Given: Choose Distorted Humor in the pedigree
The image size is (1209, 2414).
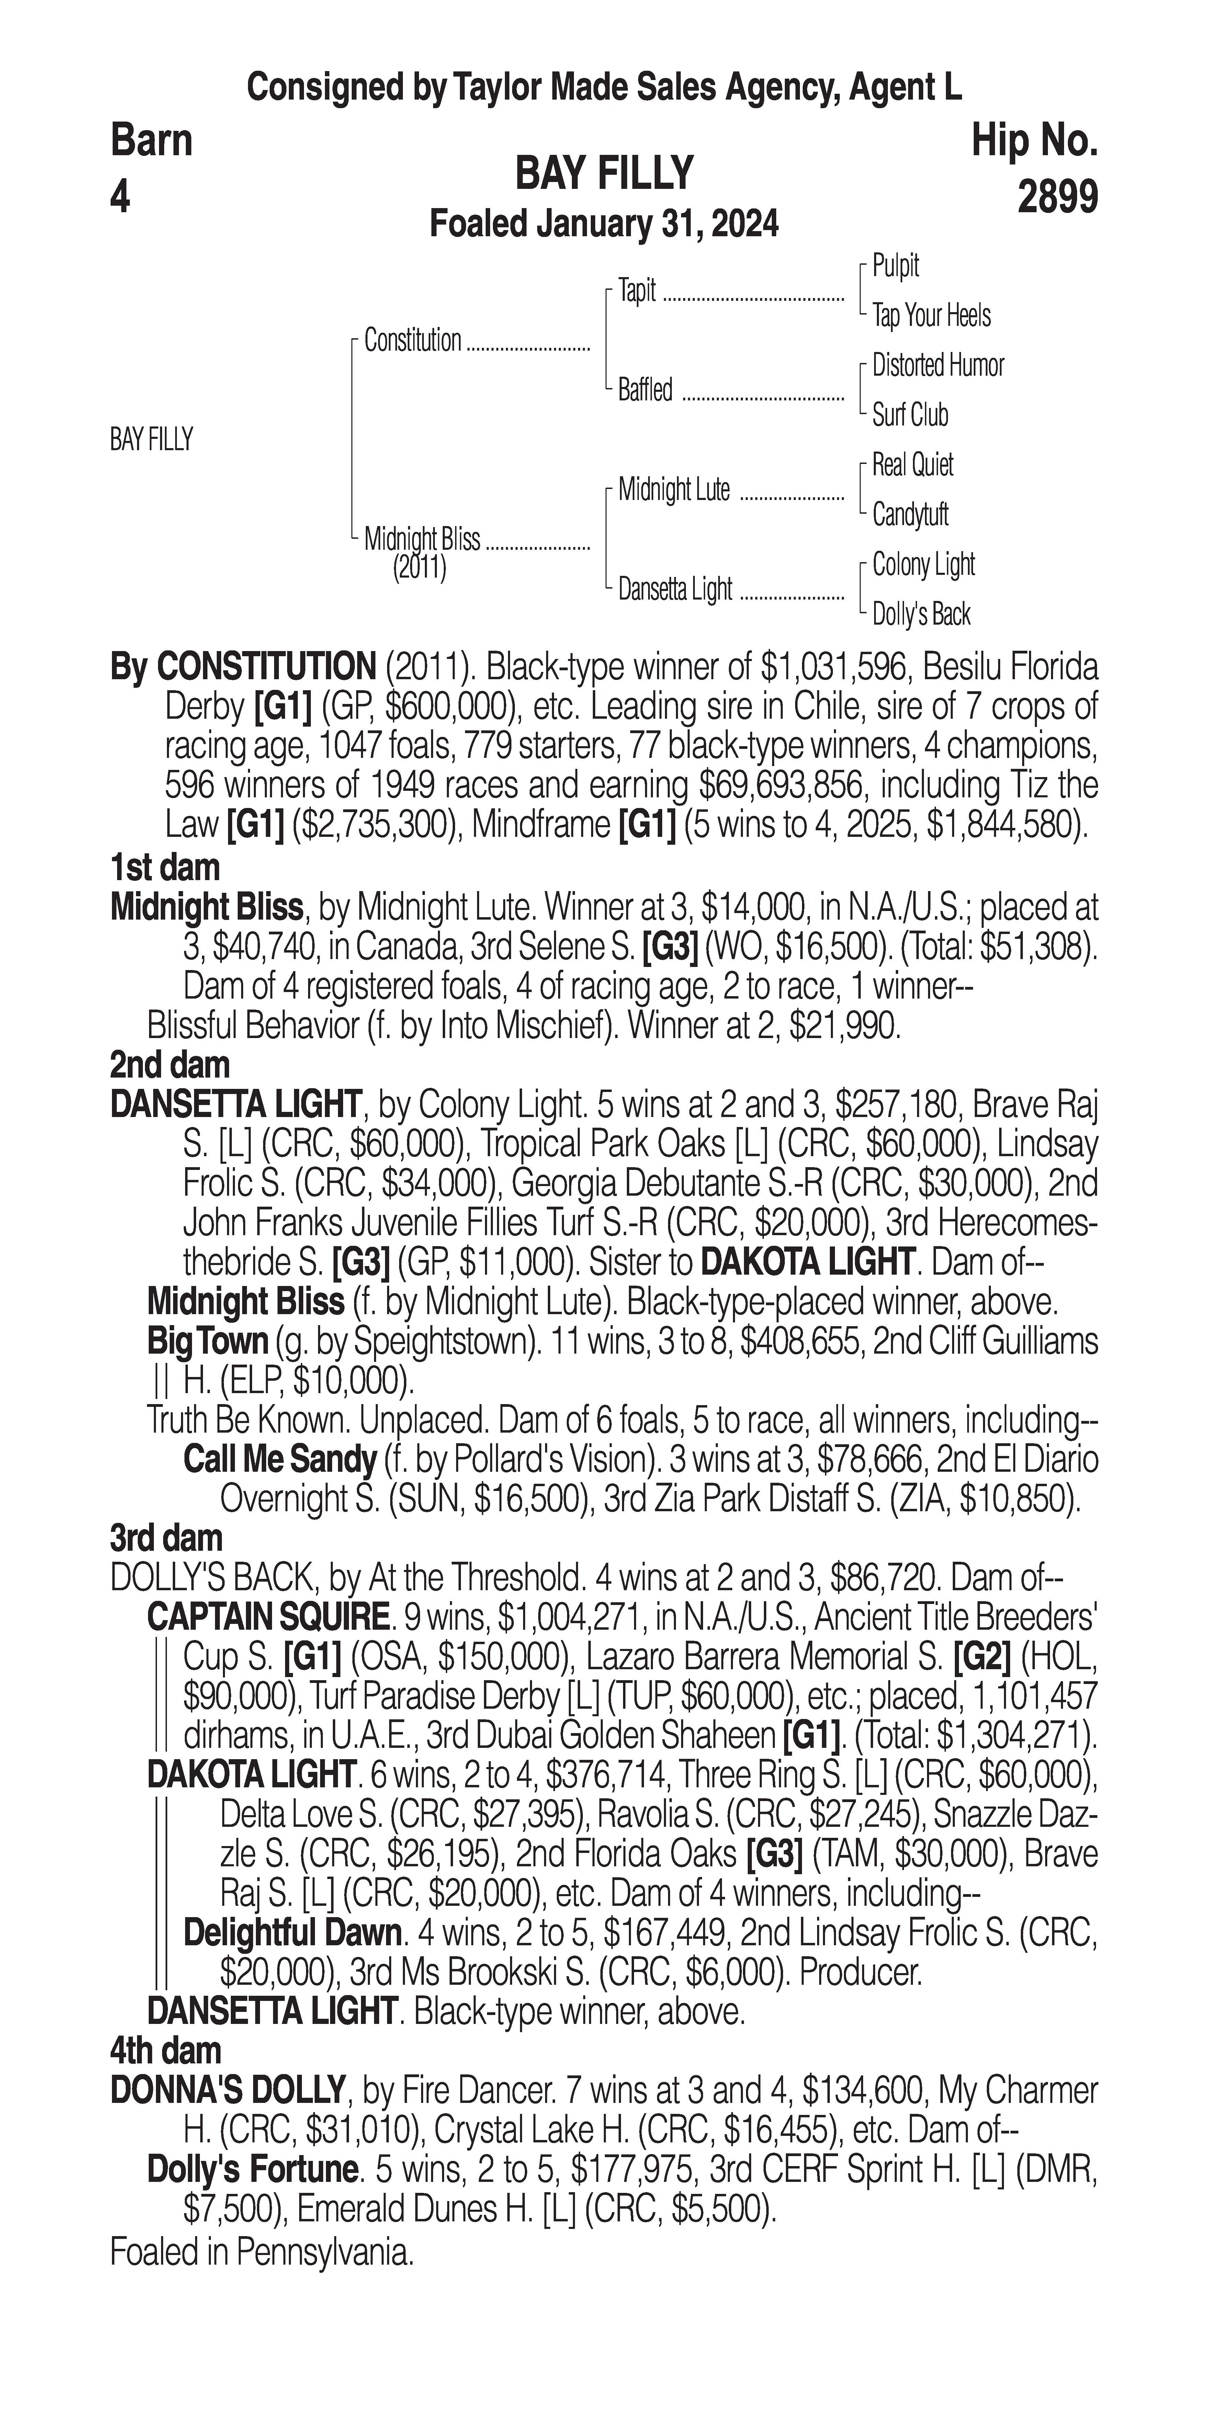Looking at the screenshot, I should (937, 365).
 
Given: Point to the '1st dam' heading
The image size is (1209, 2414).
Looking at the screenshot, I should (165, 868).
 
